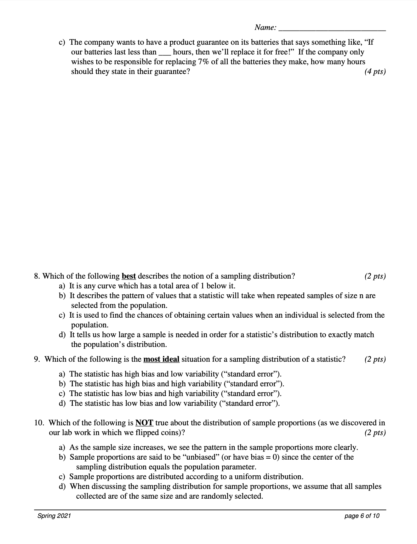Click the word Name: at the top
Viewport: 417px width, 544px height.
pyautogui.click(x=266, y=28)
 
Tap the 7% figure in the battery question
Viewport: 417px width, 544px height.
pyautogui.click(x=203, y=62)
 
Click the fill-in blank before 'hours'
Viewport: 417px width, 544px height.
pyautogui.click(x=165, y=53)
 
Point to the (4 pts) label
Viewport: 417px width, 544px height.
pyautogui.click(x=375, y=71)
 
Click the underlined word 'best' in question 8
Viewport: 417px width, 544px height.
pyautogui.click(x=129, y=276)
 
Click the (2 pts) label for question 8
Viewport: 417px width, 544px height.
pyautogui.click(x=375, y=276)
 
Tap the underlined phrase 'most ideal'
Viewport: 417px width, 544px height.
pyautogui.click(x=161, y=359)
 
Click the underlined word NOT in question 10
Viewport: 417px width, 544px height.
pyautogui.click(x=144, y=423)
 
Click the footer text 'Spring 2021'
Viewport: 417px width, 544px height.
pyautogui.click(x=54, y=516)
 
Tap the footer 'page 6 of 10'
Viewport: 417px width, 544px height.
pyautogui.click(x=362, y=516)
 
